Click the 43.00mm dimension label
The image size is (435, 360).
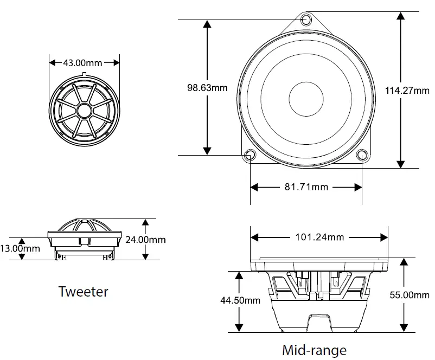pyautogui.click(x=82, y=62)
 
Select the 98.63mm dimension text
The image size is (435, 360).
pyautogui.click(x=207, y=87)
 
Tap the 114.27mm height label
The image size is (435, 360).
pyautogui.click(x=407, y=91)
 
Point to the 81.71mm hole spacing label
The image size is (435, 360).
pyautogui.click(x=306, y=187)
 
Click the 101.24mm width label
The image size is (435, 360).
pyautogui.click(x=319, y=237)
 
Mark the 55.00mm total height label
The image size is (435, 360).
pyautogui.click(x=410, y=295)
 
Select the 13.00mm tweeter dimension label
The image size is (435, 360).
pyautogui.click(x=20, y=248)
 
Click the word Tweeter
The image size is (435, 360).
pyautogui.click(x=83, y=292)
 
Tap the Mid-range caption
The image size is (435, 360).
pyautogui.click(x=314, y=350)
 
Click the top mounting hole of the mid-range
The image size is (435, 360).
pyautogui.click(x=306, y=20)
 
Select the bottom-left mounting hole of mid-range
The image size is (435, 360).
pyautogui.click(x=250, y=156)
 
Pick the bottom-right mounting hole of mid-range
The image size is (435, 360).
pyautogui.click(x=362, y=156)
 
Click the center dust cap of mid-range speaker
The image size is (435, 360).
pyautogui.click(x=306, y=99)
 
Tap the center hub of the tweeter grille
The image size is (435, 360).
pyautogui.click(x=84, y=111)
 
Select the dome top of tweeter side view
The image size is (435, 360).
pyautogui.click(x=84, y=221)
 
